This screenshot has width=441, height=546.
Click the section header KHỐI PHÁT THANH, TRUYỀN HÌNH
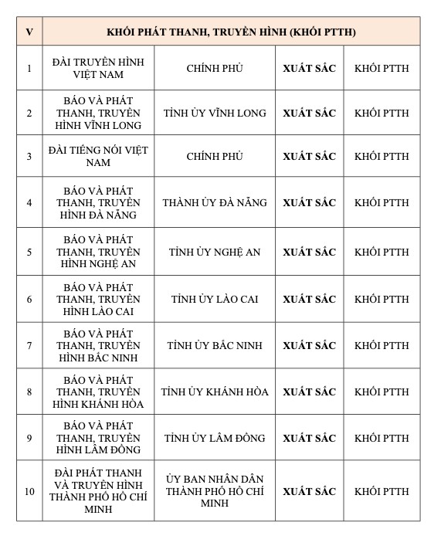coord(231,32)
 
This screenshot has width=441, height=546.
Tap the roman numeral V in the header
coord(29,32)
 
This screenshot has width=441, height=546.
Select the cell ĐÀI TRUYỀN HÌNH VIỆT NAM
coord(98,68)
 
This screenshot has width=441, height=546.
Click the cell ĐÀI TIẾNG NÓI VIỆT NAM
coord(98,156)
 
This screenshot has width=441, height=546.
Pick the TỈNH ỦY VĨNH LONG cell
coord(215,113)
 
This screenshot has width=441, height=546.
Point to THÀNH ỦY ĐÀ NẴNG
coord(215,202)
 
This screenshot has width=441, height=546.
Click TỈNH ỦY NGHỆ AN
coord(215,252)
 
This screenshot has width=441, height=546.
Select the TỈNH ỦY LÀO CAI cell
coord(215,299)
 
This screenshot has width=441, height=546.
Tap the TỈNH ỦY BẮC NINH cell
coord(215,344)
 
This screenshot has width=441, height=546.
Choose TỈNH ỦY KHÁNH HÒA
coord(215,392)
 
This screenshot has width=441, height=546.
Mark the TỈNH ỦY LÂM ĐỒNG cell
coord(215,438)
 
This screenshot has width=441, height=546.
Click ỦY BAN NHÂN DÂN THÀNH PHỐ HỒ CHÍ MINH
coord(215,491)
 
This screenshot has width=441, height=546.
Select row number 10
coord(29,491)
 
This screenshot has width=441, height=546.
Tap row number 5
coord(29,252)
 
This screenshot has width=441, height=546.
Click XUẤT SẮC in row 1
coord(309,68)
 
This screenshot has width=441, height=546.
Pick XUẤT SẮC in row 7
coord(309,344)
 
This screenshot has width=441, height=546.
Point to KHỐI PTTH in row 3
coord(382,156)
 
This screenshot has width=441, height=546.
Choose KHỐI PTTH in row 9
coord(382,438)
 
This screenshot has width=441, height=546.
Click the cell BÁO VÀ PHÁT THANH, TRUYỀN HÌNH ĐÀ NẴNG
coord(98,202)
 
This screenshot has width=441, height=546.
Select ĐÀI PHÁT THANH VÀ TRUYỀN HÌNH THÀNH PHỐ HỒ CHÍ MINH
coord(98,491)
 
